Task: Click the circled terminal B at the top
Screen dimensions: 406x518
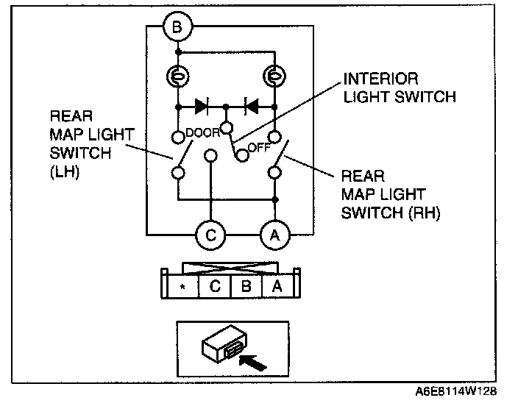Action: pos(177,29)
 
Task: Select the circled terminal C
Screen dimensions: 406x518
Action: pos(210,235)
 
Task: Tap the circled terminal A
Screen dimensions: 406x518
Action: pos(275,235)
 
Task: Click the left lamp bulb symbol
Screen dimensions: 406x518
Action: pos(178,76)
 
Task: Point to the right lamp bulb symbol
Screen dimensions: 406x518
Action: pos(274,76)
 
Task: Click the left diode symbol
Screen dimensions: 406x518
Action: pos(201,106)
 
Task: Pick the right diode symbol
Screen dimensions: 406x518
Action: pos(250,106)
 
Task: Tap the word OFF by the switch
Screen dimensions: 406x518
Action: pos(257,146)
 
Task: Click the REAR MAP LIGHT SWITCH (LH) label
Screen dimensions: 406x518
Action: pos(82,144)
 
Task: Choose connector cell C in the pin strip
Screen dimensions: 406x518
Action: pos(215,286)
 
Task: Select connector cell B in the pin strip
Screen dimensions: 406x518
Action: pos(246,286)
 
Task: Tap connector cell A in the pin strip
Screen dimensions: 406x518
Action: pos(277,286)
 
